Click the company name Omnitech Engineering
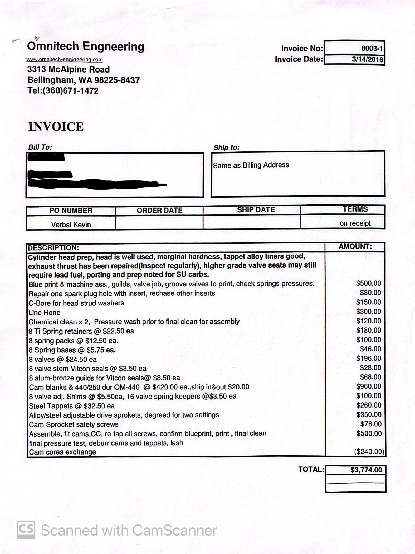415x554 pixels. click(x=86, y=46)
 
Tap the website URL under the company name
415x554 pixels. click(x=65, y=60)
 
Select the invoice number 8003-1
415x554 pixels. click(x=372, y=49)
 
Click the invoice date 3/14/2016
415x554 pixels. click(x=367, y=59)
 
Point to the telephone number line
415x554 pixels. click(x=63, y=91)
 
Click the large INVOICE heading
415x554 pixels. click(x=56, y=127)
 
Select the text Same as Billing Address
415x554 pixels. click(x=251, y=165)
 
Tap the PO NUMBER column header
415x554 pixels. click(x=71, y=211)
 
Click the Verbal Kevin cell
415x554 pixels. click(x=71, y=225)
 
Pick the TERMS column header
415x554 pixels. click(x=355, y=209)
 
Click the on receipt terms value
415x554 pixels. click(x=355, y=223)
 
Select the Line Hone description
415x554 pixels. click(x=44, y=313)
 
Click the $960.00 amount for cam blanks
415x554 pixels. click(x=369, y=386)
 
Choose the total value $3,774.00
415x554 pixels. click(x=366, y=470)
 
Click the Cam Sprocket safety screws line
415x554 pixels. click(x=74, y=424)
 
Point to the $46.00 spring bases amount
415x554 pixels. click(x=370, y=349)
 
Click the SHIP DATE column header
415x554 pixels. click(x=256, y=210)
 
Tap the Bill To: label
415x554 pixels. click(x=40, y=147)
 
